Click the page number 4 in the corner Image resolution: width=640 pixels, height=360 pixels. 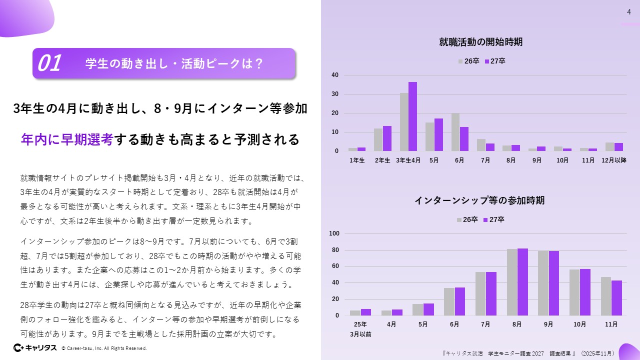(629, 12)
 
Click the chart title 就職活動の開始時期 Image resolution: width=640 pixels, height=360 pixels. (480, 42)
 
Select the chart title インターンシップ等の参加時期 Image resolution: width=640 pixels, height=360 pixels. (479, 200)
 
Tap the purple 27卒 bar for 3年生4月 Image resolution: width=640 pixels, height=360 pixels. (412, 116)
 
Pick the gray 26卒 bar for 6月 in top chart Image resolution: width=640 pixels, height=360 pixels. (455, 132)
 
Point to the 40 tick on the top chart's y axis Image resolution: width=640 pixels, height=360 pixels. (335, 75)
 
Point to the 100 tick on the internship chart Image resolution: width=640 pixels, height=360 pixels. (334, 233)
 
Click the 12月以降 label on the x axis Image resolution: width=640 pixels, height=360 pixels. (614, 160)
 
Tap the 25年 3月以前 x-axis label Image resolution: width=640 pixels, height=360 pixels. (360, 329)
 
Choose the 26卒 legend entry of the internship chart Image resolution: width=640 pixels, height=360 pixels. (467, 219)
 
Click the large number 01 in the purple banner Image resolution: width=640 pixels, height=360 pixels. (49, 63)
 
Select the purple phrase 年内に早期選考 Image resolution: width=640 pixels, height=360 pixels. (67, 139)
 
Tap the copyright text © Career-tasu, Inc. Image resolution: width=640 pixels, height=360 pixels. (104, 348)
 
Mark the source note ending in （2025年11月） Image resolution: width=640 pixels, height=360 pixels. (529, 353)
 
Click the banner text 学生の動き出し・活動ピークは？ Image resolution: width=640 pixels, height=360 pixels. (174, 63)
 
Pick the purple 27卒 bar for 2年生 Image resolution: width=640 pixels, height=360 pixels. (386, 138)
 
